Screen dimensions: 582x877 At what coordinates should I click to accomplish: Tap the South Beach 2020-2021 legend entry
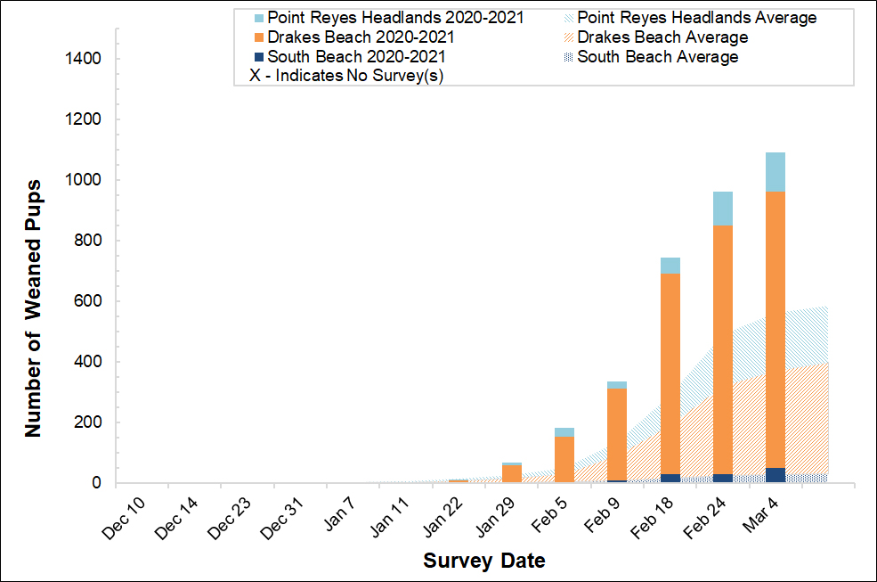tap(354, 57)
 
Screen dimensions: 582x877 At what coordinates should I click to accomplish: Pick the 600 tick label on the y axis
tap(89, 301)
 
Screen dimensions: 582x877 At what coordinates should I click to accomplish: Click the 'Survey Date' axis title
tap(483, 561)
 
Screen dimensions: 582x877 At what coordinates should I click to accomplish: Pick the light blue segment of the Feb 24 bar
tap(723, 209)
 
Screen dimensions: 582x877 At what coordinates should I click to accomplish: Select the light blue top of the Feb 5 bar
tap(564, 432)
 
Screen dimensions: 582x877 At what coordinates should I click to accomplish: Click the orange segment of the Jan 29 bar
tap(512, 473)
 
